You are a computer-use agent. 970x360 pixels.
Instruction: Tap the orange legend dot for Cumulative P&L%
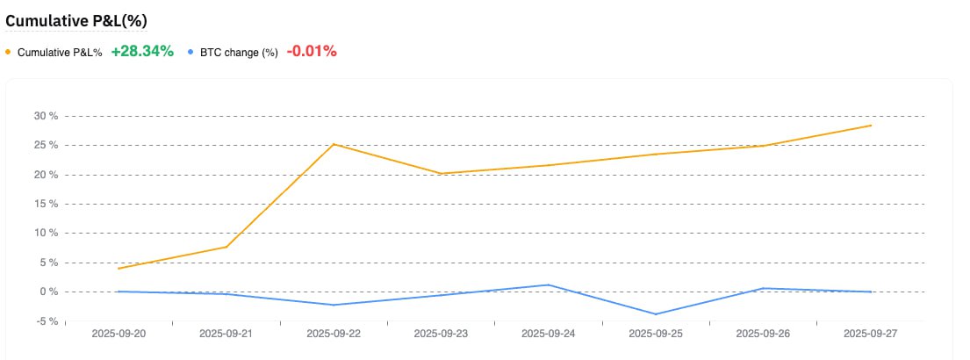(9, 52)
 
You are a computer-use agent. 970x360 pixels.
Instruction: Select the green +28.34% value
(142, 51)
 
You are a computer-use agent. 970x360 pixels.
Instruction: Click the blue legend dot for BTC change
(190, 52)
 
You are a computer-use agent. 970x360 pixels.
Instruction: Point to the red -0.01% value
(312, 51)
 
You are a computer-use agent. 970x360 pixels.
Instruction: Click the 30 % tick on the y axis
(45, 116)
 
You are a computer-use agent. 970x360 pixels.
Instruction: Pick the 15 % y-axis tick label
(45, 204)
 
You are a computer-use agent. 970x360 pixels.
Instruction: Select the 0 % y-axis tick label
(49, 292)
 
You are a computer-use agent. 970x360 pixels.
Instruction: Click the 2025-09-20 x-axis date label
(120, 334)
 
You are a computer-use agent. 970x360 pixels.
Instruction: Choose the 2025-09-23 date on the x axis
(442, 334)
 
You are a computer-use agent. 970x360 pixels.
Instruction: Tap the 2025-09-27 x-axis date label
(870, 334)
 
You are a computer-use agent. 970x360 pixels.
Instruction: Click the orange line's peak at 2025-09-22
(334, 144)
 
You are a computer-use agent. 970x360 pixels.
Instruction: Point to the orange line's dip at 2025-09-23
(442, 174)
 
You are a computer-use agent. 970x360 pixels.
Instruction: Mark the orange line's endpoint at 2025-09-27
(871, 126)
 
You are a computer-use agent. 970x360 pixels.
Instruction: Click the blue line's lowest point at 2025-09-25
(656, 314)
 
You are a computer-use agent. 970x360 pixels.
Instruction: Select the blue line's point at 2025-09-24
(549, 284)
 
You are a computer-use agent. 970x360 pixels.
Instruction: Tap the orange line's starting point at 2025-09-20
(119, 269)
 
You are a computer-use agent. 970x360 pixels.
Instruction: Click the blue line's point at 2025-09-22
(334, 305)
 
